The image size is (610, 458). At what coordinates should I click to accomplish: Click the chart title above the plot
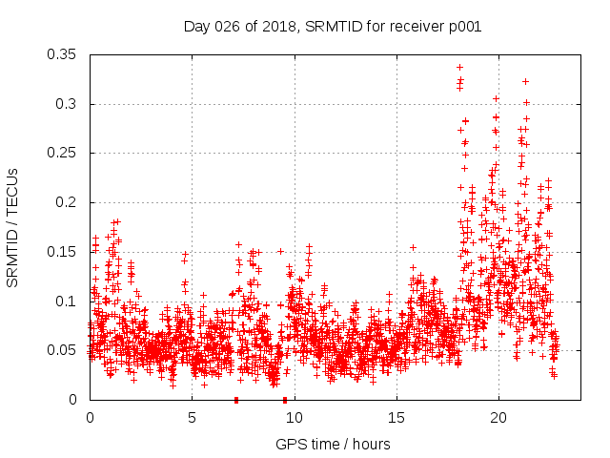pos(332,27)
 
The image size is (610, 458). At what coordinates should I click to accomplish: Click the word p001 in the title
pos(462,27)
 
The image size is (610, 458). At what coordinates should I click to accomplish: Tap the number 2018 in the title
pos(270,27)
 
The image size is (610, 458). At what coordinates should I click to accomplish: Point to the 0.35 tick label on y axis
pos(62,54)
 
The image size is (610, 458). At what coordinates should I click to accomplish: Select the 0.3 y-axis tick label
pos(66,104)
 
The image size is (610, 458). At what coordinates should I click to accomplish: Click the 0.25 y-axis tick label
pos(62,153)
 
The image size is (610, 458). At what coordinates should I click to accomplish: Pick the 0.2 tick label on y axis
pos(66,202)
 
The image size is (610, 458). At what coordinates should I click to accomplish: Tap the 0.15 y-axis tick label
pos(62,252)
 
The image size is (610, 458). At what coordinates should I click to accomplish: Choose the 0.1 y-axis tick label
pos(66,302)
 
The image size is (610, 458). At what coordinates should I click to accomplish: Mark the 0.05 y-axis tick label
pos(62,350)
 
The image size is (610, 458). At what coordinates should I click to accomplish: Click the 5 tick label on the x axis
pos(192,418)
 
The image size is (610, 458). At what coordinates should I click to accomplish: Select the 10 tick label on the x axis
pos(294,418)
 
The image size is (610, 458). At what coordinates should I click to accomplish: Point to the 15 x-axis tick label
pos(396,418)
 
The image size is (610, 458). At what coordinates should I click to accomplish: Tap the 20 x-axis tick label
pos(498,418)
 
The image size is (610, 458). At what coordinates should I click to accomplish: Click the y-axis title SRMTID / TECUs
pos(13,228)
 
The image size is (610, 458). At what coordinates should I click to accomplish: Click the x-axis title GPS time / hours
pos(333,444)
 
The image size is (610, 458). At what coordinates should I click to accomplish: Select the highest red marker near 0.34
pos(459,68)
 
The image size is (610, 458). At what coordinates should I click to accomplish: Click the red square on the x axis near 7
pos(235,400)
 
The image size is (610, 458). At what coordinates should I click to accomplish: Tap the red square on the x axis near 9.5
pos(284,400)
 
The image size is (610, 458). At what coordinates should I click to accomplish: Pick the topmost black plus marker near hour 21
pos(525,82)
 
